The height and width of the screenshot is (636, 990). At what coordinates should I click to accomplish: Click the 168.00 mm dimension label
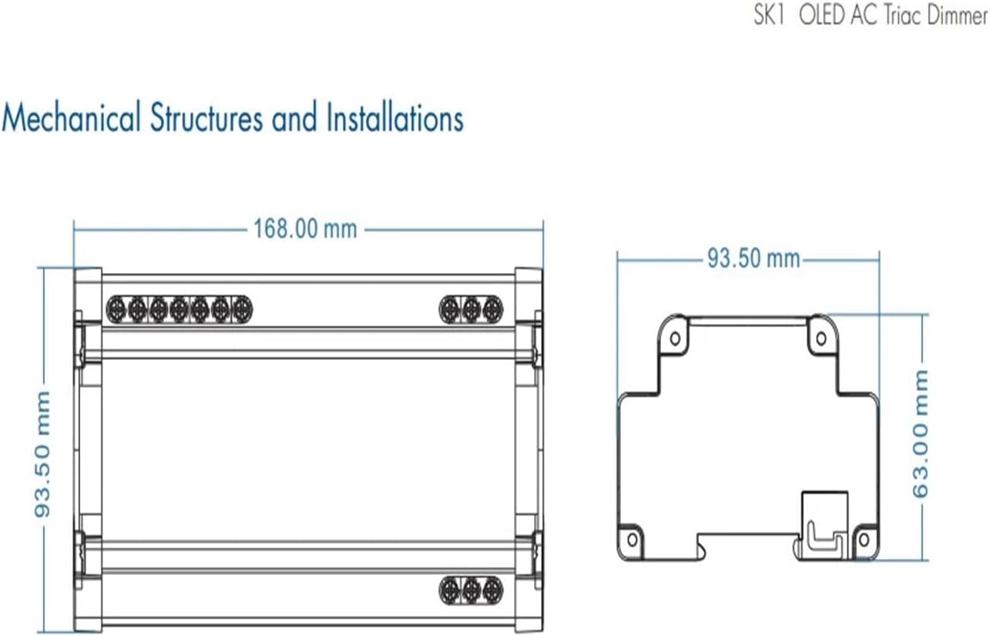[x=305, y=229]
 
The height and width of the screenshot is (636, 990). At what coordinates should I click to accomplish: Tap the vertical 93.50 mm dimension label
[x=42, y=455]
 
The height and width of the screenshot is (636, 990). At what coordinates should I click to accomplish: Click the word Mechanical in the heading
[x=72, y=119]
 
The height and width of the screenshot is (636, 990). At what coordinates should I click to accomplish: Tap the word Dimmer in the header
[x=957, y=16]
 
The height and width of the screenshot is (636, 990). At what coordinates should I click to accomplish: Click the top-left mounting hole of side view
[x=674, y=338]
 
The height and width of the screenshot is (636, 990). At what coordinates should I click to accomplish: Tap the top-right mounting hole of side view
[x=821, y=338]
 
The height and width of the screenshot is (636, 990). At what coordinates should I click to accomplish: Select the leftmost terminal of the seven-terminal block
[x=116, y=309]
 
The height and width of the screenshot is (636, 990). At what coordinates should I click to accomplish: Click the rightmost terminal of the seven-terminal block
[x=241, y=309]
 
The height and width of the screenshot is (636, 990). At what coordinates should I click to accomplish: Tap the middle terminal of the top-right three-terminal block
[x=472, y=309]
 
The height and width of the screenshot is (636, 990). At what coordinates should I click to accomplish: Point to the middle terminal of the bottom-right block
[x=472, y=591]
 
